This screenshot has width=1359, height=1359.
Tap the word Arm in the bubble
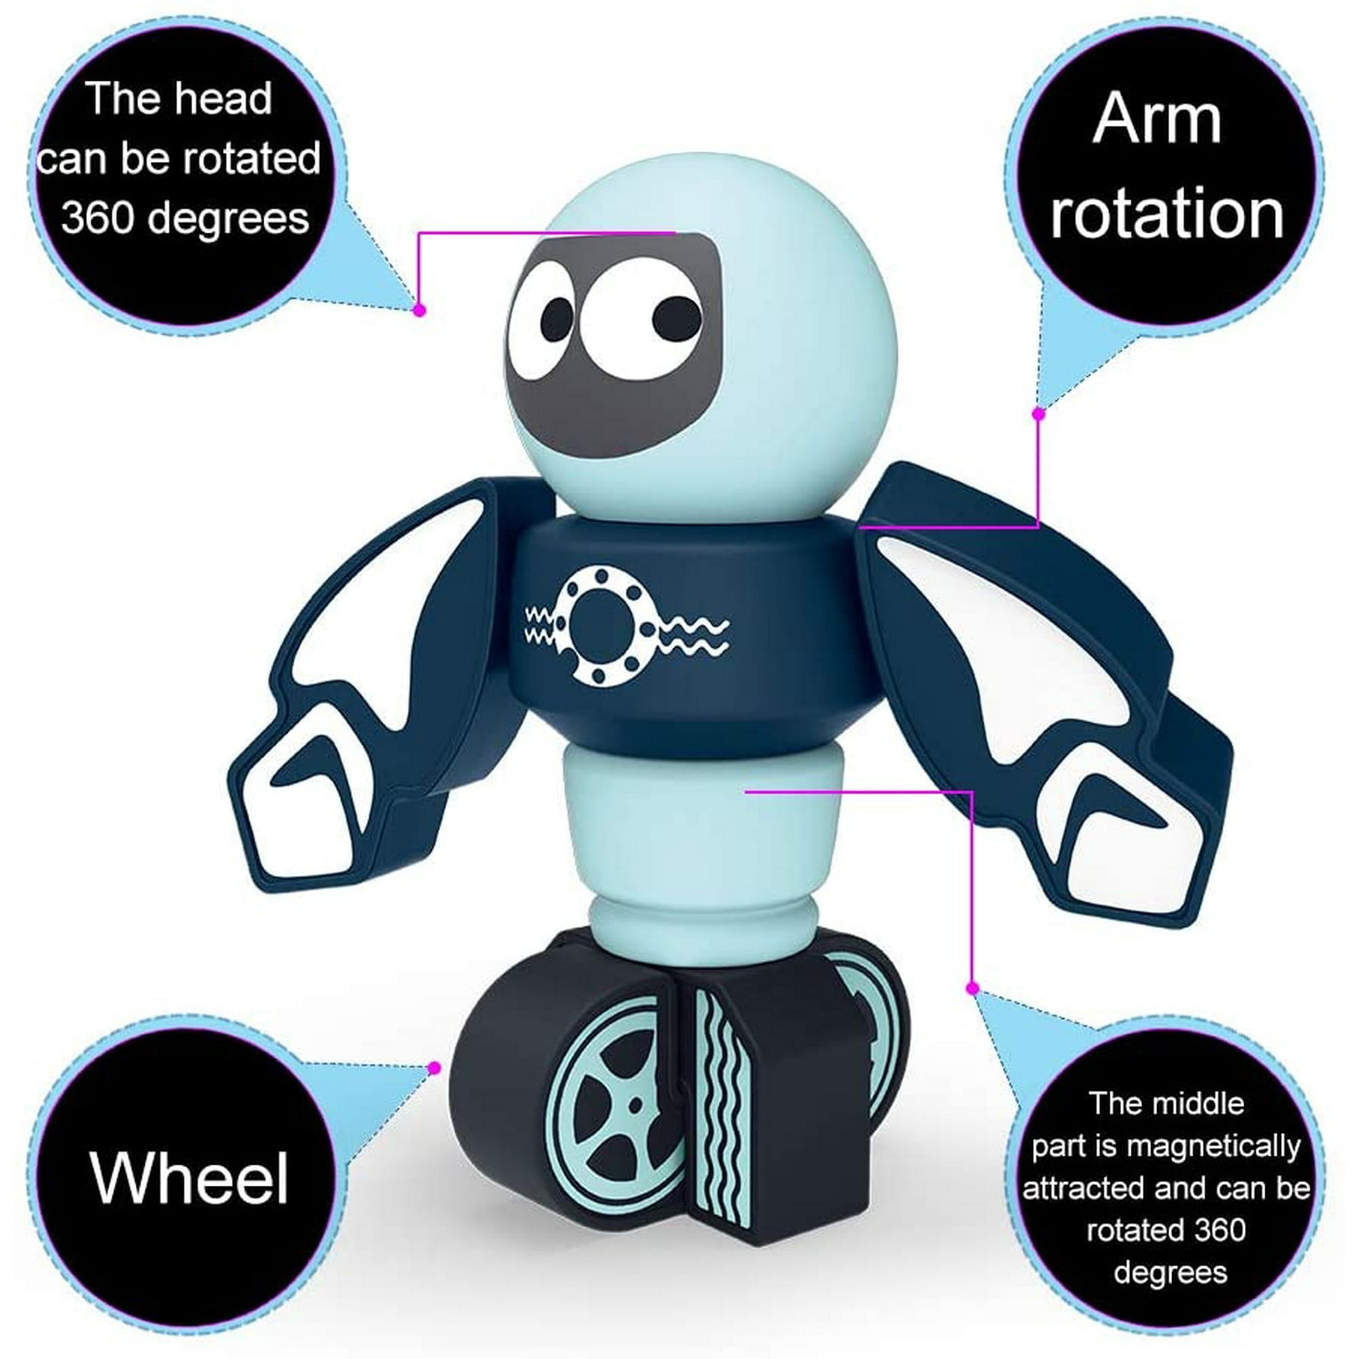(x=1157, y=120)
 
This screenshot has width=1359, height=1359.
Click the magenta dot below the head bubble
(x=420, y=309)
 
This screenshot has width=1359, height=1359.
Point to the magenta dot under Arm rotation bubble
(x=1039, y=414)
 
